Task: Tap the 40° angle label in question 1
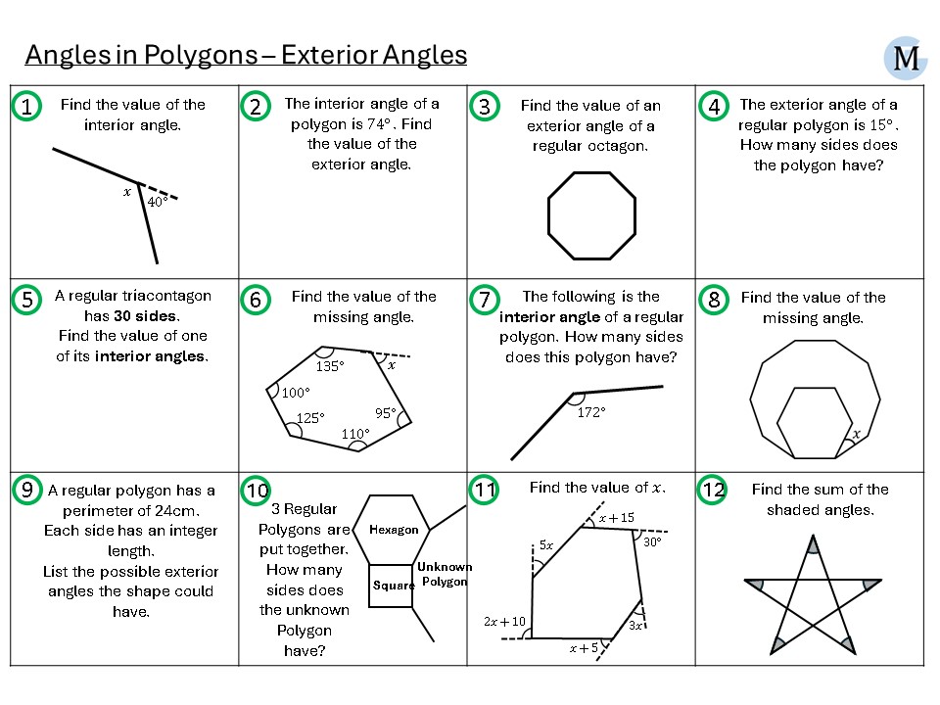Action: pos(157,203)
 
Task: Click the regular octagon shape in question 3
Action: pos(591,214)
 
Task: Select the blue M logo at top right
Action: pos(906,59)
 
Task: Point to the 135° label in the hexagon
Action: pos(329,366)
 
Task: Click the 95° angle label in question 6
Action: pos(385,412)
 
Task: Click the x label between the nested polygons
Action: pos(856,434)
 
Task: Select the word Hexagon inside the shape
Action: pos(394,530)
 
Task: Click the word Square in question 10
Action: pos(393,586)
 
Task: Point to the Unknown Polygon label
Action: pos(445,574)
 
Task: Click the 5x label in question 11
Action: pos(547,544)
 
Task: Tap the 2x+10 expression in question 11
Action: pos(504,622)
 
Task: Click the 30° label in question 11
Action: pos(652,541)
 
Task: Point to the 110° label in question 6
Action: pos(355,434)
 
